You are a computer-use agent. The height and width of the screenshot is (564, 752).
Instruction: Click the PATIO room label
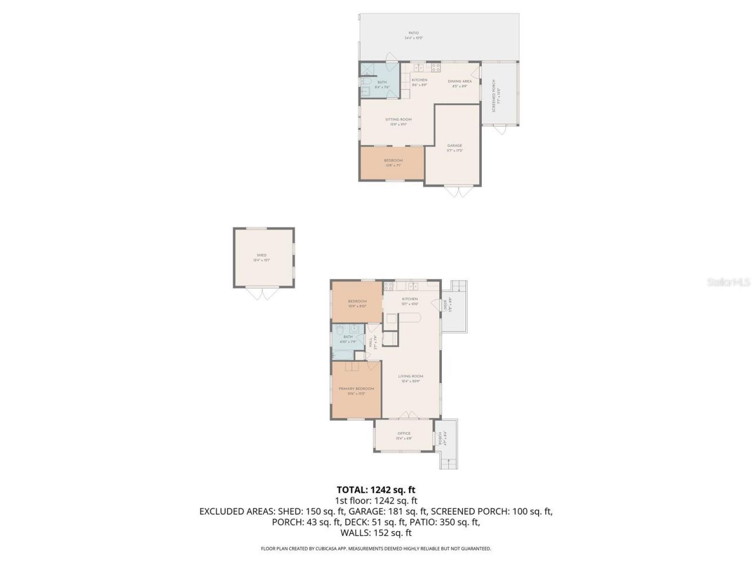[413, 33]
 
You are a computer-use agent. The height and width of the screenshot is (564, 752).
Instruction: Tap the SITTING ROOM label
[398, 119]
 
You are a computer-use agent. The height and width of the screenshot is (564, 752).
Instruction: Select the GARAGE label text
[454, 146]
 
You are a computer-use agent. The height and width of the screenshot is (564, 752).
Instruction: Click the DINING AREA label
[459, 81]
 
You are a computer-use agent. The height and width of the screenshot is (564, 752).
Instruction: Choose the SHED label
[261, 256]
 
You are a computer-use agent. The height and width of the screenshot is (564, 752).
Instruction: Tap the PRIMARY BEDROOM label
[356, 389]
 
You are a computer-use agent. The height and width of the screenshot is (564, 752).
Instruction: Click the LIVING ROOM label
[411, 377]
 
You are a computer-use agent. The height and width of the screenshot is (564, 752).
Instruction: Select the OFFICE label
[404, 434]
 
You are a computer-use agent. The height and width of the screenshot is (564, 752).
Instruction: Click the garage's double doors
[458, 192]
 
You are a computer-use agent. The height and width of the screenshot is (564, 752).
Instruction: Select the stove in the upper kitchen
[436, 67]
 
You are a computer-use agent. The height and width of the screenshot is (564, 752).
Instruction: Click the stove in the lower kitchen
[388, 287]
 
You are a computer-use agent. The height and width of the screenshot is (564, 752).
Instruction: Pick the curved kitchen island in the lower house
[404, 318]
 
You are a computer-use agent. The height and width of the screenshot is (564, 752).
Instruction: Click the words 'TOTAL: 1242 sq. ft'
[376, 489]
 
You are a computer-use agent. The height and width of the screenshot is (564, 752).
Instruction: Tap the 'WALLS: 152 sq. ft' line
[376, 533]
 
